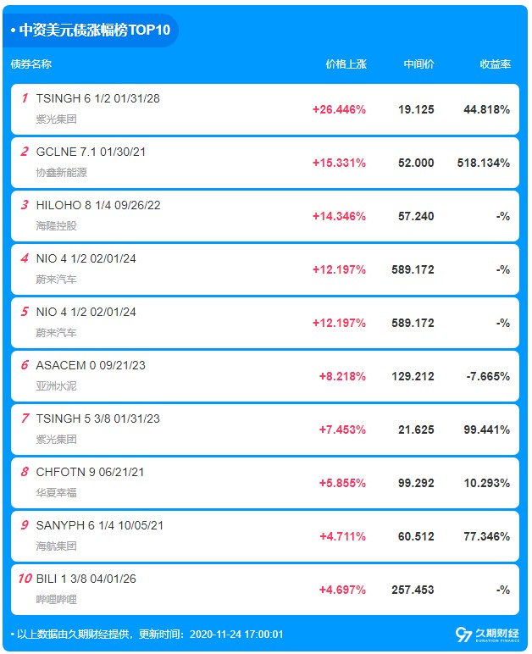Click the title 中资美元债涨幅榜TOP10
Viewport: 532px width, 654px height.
94,30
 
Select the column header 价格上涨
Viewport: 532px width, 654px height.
346,64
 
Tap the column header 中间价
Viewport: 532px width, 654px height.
418,64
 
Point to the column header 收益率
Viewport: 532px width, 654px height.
495,64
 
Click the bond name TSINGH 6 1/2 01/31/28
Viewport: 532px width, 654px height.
97,98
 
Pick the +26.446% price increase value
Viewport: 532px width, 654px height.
339,109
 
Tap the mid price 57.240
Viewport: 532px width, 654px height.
416,216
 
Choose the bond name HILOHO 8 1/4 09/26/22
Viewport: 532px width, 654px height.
98,205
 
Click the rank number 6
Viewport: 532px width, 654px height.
25,365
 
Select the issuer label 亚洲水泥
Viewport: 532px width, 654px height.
56,386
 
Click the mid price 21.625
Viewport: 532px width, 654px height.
416,430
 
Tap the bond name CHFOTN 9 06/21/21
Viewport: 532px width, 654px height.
90,472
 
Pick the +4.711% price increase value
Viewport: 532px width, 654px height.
342,536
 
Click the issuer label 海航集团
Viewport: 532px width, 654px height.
56,546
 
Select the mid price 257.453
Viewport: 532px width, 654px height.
413,590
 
